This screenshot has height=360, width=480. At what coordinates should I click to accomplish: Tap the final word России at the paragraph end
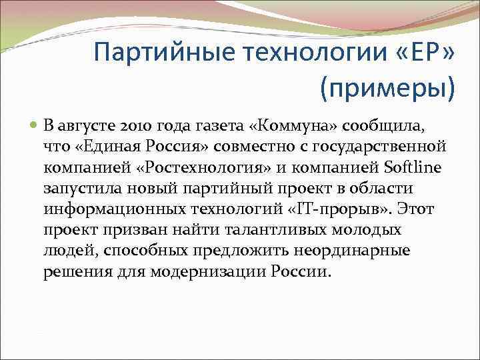(x=300, y=273)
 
